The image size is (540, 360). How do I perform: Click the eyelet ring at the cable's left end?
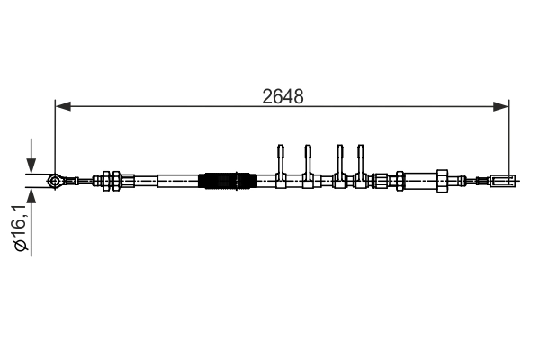click(x=55, y=181)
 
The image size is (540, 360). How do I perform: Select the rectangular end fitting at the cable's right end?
click(x=502, y=181)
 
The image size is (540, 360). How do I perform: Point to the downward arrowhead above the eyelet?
click(x=31, y=168)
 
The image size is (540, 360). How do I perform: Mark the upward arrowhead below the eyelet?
click(x=31, y=193)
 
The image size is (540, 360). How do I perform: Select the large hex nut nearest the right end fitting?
click(x=442, y=181)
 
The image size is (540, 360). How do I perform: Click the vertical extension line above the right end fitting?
click(x=510, y=135)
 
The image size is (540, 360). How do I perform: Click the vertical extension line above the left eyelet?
click(x=56, y=135)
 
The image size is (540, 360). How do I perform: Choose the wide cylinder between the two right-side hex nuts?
click(x=418, y=181)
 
